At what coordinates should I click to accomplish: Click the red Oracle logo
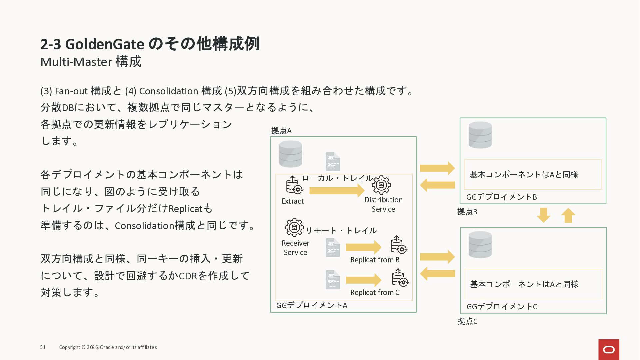click(609, 349)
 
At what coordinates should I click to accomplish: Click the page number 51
click(43, 347)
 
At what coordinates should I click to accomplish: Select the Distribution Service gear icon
click(381, 185)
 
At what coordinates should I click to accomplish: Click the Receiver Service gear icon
click(294, 227)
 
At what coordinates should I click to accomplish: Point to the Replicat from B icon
click(398, 245)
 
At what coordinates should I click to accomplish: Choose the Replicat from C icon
click(400, 278)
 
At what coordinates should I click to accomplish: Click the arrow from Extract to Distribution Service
click(337, 191)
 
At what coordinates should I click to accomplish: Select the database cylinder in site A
click(291, 154)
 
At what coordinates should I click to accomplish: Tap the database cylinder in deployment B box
click(480, 135)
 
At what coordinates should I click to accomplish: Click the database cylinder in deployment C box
click(480, 245)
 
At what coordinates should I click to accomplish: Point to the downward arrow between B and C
click(543, 215)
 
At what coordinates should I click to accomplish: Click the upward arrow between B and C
click(568, 215)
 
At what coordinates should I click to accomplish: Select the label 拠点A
click(281, 131)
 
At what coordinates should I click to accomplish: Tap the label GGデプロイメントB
click(501, 197)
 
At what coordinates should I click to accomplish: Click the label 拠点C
click(467, 321)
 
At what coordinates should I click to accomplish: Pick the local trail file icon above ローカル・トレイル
click(333, 162)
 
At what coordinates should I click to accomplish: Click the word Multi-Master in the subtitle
click(76, 62)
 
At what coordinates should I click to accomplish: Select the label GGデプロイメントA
click(312, 305)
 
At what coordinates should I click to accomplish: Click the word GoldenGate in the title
click(105, 44)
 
